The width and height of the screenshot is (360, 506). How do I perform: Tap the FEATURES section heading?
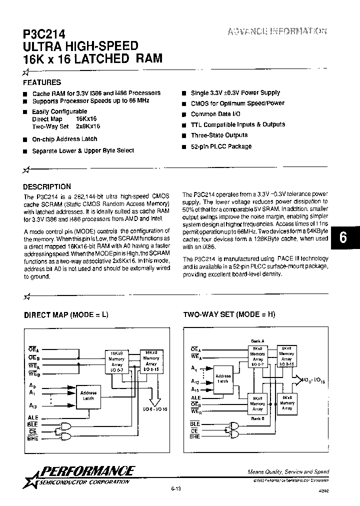pos(42,82)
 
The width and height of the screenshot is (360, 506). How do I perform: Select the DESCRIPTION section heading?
pos(47,186)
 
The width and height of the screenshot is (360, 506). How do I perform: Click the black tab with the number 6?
pos(343,237)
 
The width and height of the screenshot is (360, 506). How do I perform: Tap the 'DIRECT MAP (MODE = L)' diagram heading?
pos(66,315)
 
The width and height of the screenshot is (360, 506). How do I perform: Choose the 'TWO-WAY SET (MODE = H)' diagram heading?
pos(229,315)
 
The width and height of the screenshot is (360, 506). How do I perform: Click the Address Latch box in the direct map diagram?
pos(88,395)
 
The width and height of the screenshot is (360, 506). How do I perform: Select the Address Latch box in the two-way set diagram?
pos(222,378)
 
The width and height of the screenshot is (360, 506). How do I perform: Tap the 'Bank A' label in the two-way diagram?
pos(257,341)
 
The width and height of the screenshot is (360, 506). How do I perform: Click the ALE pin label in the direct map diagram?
pos(33,417)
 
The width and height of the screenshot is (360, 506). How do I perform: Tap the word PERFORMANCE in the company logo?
pos(87,470)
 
